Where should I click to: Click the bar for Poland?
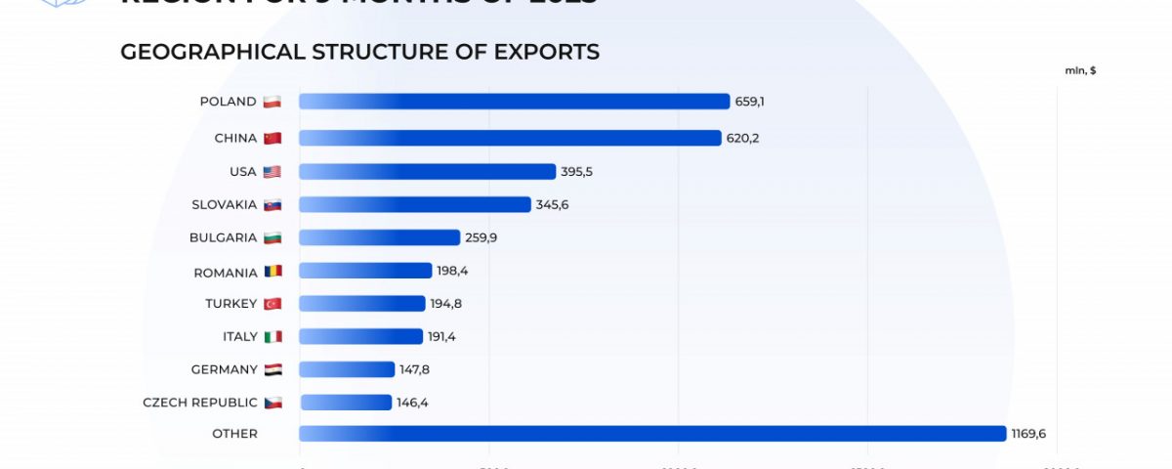515,102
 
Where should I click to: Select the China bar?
510,138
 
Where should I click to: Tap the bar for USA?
427,172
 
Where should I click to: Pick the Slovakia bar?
415,204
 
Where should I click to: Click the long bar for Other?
652,434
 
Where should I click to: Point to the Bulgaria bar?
379,237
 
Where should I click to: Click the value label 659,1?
750,102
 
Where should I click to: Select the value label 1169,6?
1028,434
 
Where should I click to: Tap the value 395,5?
576,172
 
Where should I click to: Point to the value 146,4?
412,403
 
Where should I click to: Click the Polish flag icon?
272,102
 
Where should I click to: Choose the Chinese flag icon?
272,138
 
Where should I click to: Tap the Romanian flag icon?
272,272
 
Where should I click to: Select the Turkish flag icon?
272,304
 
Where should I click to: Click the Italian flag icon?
272,337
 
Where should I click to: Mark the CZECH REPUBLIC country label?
200,403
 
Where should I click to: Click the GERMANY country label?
226,369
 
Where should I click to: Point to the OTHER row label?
235,434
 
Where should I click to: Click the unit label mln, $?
1080,70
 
